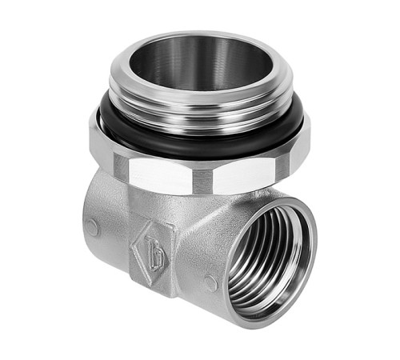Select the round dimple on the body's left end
coord(93,227)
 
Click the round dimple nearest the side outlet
coord(210,282)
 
